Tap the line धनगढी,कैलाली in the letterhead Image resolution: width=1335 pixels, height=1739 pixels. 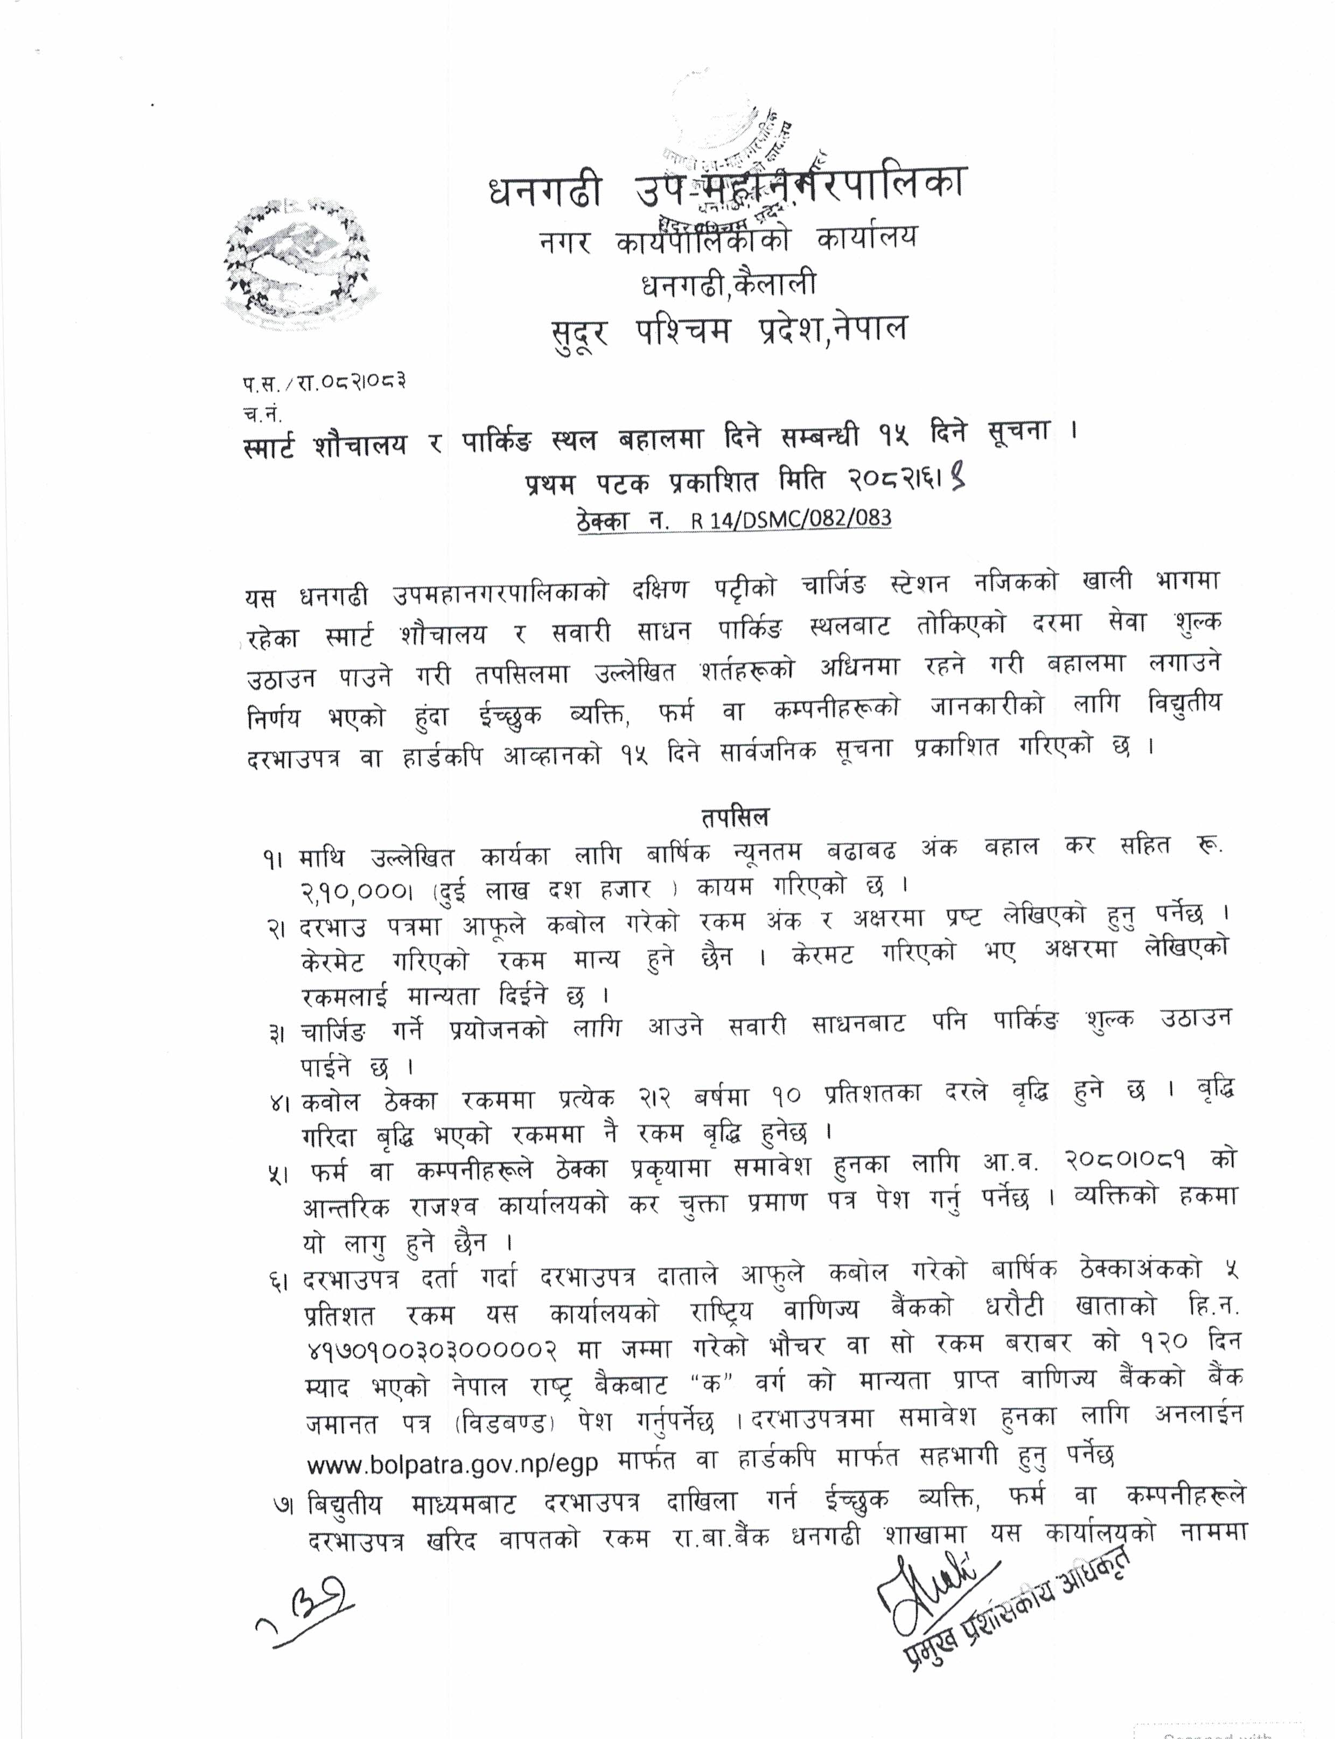728,284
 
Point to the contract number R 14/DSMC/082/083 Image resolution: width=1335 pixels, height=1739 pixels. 791,520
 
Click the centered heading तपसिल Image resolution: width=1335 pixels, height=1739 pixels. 734,816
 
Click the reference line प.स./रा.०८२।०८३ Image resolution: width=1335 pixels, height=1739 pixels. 325,384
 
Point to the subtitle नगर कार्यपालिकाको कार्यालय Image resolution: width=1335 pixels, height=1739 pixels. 726,239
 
